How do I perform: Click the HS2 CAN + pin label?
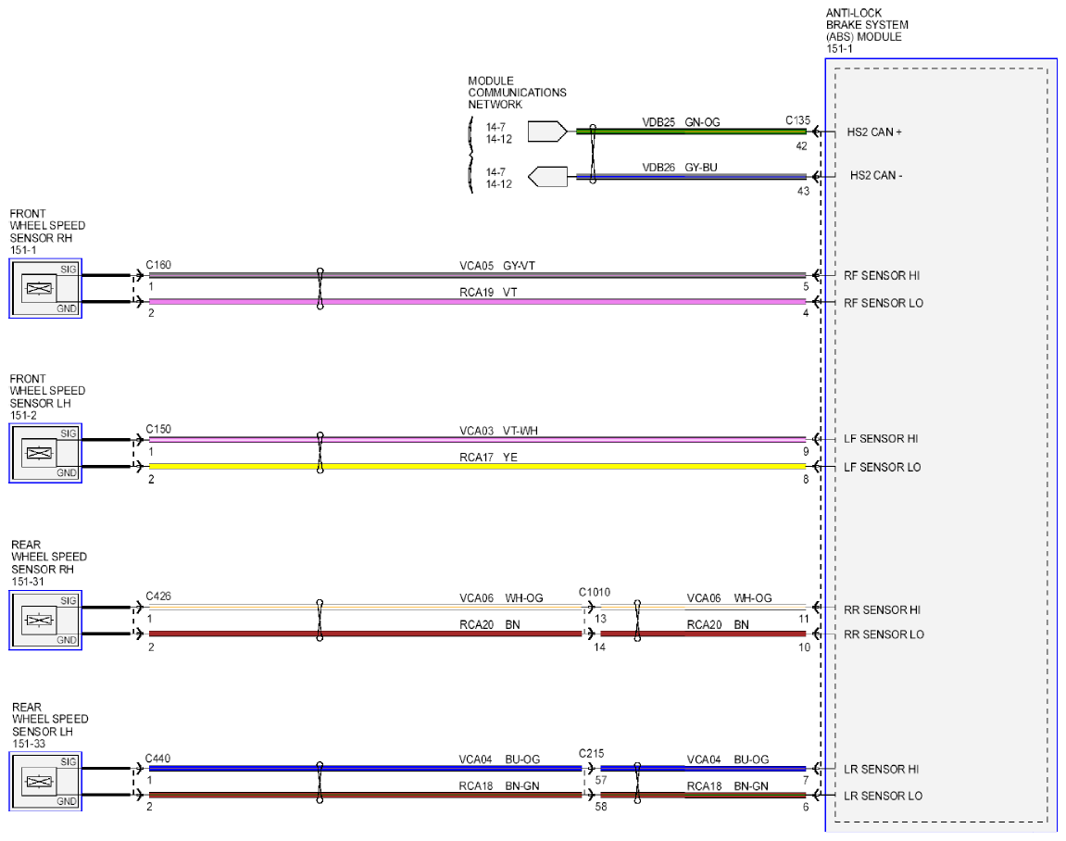coord(874,132)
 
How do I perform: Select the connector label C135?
coord(797,120)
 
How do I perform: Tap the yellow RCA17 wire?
coord(477,467)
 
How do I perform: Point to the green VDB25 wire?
coord(691,132)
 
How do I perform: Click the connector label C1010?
coord(595,592)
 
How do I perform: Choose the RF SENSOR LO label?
coord(884,303)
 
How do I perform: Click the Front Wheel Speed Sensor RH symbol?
coord(45,288)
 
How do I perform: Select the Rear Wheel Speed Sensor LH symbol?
coord(45,782)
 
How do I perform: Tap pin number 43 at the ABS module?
coord(803,191)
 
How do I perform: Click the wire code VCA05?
coord(476,266)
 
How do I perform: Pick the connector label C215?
coord(592,753)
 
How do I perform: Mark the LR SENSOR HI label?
coord(881,770)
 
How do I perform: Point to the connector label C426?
coord(158,596)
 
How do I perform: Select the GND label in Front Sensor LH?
coord(67,473)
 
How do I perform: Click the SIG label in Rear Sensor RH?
coord(69,601)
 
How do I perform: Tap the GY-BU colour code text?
coord(701,168)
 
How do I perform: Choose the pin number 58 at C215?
coord(601,807)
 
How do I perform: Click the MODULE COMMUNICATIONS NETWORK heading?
coord(517,93)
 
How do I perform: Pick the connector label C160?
coord(158,265)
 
